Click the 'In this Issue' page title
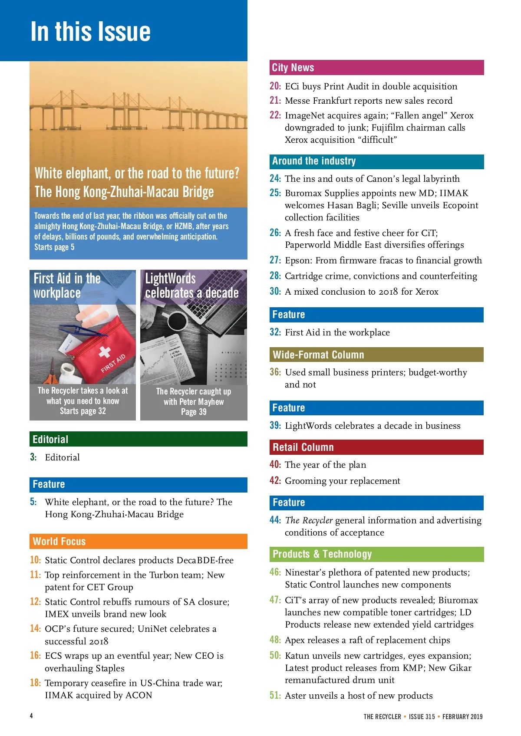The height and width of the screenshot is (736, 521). tap(91, 32)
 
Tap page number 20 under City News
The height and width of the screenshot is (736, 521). tap(275, 86)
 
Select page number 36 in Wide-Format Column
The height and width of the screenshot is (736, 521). tap(275, 372)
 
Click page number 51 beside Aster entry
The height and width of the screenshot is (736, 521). tap(275, 695)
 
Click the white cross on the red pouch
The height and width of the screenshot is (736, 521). tap(105, 352)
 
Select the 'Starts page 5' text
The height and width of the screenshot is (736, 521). tap(54, 247)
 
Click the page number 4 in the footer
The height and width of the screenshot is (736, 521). tap(31, 716)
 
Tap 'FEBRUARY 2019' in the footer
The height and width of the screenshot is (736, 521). tap(462, 716)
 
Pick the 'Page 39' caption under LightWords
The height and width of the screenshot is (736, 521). tap(194, 412)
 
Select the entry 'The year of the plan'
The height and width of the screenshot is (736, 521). tap(325, 465)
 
